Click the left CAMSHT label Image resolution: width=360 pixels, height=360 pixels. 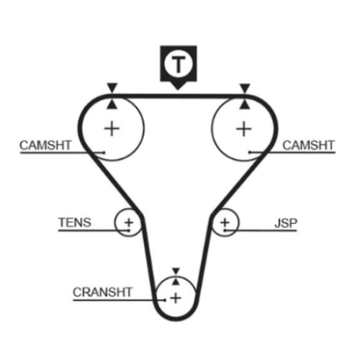(45, 145)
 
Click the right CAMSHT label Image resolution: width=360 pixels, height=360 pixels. (308, 145)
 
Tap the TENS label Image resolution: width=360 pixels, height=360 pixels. (75, 222)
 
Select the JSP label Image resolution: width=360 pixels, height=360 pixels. (286, 223)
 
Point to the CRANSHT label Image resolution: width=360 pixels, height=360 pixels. (102, 292)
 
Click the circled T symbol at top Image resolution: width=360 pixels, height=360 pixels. (179, 64)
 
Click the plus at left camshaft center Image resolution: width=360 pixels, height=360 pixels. (112, 129)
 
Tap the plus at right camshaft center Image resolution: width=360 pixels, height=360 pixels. (244, 129)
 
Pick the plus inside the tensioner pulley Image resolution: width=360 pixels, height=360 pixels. (129, 222)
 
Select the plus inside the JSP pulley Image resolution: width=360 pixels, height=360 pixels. (225, 222)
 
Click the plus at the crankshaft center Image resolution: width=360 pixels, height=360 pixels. (176, 298)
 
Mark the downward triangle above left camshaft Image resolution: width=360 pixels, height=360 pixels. (112, 88)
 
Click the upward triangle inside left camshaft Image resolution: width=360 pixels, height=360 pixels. (112, 104)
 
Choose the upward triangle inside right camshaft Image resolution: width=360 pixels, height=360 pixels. (245, 104)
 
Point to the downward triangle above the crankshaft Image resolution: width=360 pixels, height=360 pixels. (176, 271)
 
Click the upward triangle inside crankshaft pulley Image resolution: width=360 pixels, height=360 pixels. (176, 282)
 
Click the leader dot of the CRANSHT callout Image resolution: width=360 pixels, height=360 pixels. (165, 300)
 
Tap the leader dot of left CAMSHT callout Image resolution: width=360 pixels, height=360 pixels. (104, 153)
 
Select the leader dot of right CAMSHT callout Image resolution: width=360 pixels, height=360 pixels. (250, 152)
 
